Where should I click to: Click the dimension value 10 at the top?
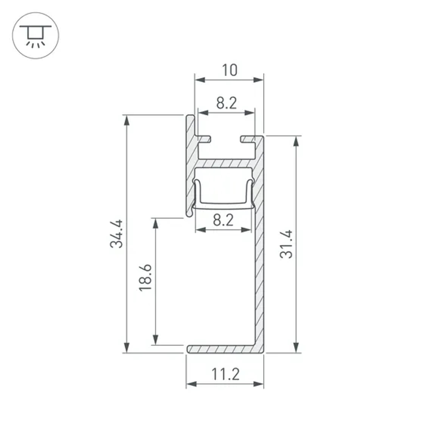pos(229,70)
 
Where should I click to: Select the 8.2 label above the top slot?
pos(226,104)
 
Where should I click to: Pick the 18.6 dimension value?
pos(145,277)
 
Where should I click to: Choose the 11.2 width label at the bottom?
pos(225,375)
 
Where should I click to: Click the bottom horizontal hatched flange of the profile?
pos(221,349)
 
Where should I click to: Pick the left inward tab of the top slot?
pos(205,139)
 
